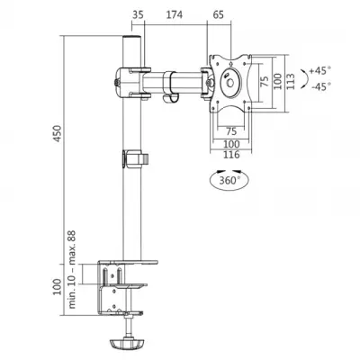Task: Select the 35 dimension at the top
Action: [138, 15]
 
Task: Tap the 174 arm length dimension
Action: [175, 15]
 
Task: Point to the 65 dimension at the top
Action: [220, 15]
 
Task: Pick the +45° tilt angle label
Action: [318, 70]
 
